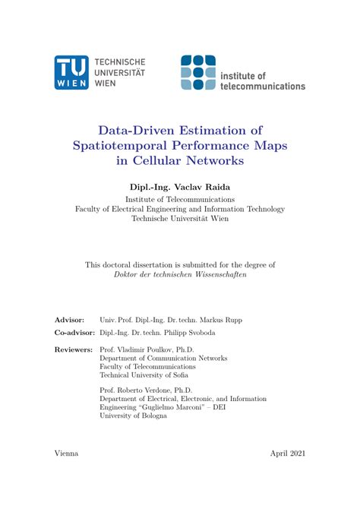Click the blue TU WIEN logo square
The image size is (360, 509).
(71, 73)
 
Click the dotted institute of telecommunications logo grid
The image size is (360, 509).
(198, 73)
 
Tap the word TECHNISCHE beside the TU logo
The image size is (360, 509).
(120, 62)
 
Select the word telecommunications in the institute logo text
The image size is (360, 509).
(262, 86)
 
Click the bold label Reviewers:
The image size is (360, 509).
(74, 349)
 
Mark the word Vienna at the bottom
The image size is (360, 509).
(66, 454)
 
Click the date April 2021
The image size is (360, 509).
(287, 454)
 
